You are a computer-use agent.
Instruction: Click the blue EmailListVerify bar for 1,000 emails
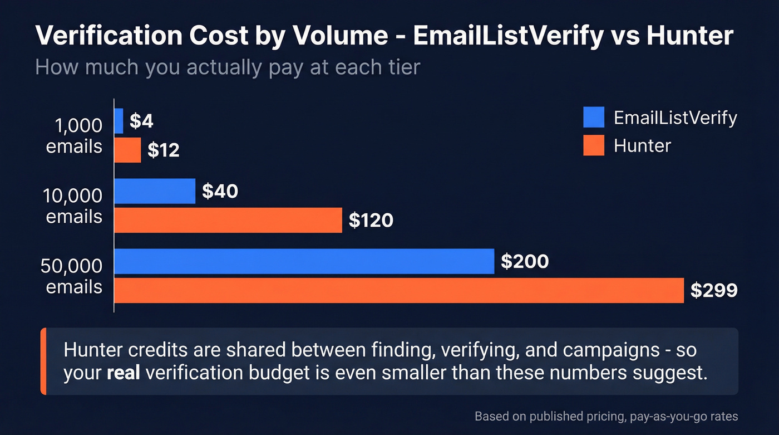point(119,121)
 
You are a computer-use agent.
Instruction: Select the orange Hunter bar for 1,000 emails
point(127,150)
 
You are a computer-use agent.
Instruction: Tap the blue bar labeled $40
point(155,191)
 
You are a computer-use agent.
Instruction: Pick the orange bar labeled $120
point(228,220)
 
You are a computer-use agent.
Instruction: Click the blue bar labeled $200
point(304,261)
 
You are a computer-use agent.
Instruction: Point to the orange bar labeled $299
point(398,290)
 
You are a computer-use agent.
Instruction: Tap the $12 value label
point(164,150)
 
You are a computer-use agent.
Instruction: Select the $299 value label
point(714,290)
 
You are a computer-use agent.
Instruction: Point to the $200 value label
point(525,261)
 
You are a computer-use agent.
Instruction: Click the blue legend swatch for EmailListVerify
point(594,118)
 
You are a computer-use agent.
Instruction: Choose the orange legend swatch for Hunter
point(594,146)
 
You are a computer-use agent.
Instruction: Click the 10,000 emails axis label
point(74,206)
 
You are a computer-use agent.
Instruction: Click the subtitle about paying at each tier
point(227,67)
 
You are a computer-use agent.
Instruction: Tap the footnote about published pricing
point(606,416)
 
